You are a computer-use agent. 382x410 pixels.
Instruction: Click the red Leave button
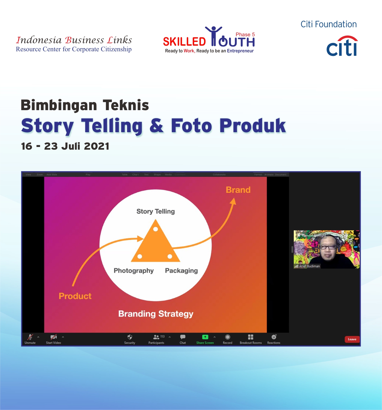pyautogui.click(x=352, y=339)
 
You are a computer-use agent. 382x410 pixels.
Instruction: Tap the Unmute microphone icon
pyautogui.click(x=30, y=337)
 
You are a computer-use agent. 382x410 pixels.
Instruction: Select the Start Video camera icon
pyautogui.click(x=54, y=337)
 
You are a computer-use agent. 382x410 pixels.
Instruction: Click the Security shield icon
pyautogui.click(x=130, y=337)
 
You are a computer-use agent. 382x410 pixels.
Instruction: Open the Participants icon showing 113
pyautogui.click(x=156, y=337)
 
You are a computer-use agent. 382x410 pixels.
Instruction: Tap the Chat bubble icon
pyautogui.click(x=183, y=337)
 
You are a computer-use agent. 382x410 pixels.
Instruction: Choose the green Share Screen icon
pyautogui.click(x=205, y=337)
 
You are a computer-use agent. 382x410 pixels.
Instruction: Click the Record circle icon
pyautogui.click(x=227, y=337)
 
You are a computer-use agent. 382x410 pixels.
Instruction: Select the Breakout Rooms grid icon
pyautogui.click(x=251, y=337)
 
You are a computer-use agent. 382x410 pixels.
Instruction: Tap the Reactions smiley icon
pyautogui.click(x=274, y=337)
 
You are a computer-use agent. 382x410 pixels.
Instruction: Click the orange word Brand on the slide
pyautogui.click(x=238, y=190)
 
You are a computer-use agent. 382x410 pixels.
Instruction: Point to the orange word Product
pyautogui.click(x=75, y=296)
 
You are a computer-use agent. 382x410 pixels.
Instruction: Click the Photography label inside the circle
pyautogui.click(x=134, y=271)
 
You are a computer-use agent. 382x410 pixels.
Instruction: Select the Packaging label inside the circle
pyautogui.click(x=181, y=271)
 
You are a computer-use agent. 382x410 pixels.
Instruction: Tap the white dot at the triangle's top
pyautogui.click(x=155, y=229)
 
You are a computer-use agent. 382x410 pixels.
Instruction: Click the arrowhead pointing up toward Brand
pyautogui.click(x=233, y=201)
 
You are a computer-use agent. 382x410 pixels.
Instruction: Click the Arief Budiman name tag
pyautogui.click(x=309, y=266)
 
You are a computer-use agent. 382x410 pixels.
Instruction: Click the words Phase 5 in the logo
pyautogui.click(x=245, y=35)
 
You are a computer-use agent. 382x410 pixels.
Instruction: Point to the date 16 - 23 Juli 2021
pyautogui.click(x=65, y=146)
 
